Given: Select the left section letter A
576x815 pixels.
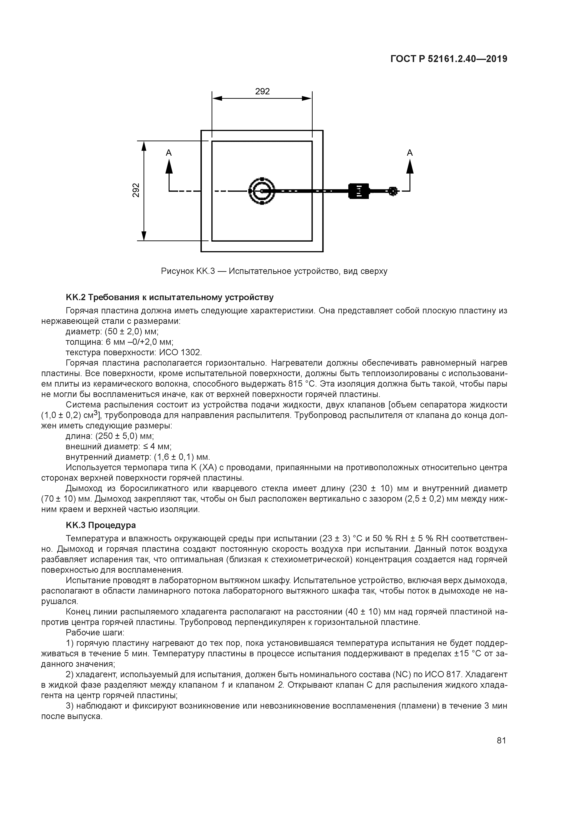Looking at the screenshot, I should tap(169, 153).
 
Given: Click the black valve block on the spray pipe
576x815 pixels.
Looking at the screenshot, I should tap(359, 191).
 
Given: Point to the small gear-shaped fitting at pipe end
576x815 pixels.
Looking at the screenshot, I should tap(393, 191).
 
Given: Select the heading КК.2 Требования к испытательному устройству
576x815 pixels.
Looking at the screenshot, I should tap(170, 297).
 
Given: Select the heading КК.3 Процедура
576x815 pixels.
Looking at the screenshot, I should tap(101, 525).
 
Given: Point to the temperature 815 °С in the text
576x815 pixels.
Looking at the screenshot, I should tap(305, 384).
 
